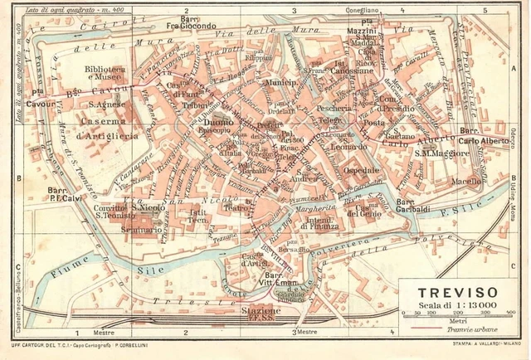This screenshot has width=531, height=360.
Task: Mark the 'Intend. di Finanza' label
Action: [309, 220]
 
